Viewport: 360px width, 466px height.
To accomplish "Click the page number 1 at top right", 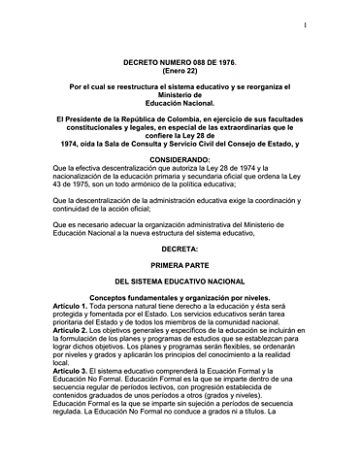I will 331,25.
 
